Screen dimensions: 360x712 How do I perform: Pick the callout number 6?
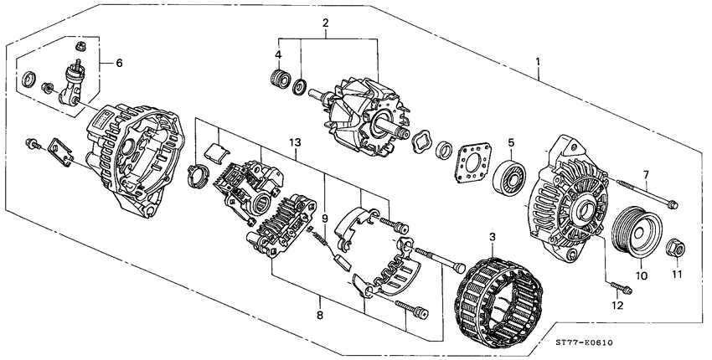118,63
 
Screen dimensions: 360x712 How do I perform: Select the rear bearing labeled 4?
278,81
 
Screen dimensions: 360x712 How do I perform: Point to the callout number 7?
645,174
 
